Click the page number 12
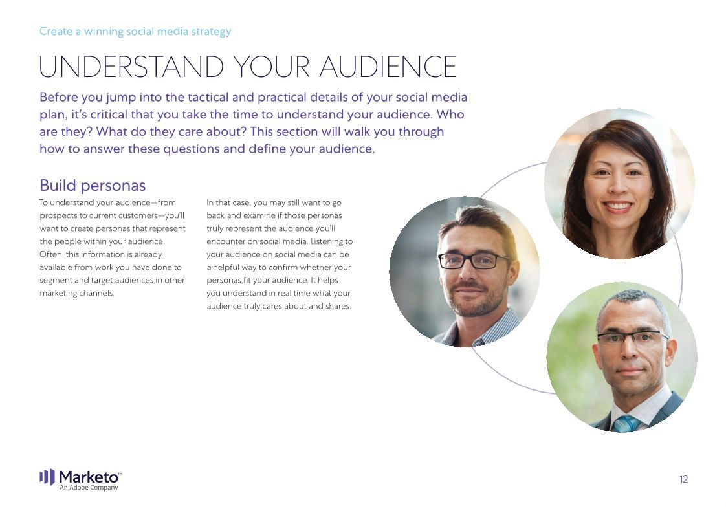tap(683, 479)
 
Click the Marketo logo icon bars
tap(47, 477)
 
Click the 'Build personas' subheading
tap(93, 185)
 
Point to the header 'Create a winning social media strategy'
tap(135, 31)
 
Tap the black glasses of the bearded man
tap(474, 261)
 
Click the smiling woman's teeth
tap(617, 207)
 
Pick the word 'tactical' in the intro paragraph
tap(210, 98)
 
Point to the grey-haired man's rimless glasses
tap(632, 337)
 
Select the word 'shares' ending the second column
tap(337, 306)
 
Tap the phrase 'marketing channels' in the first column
tap(76, 293)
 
